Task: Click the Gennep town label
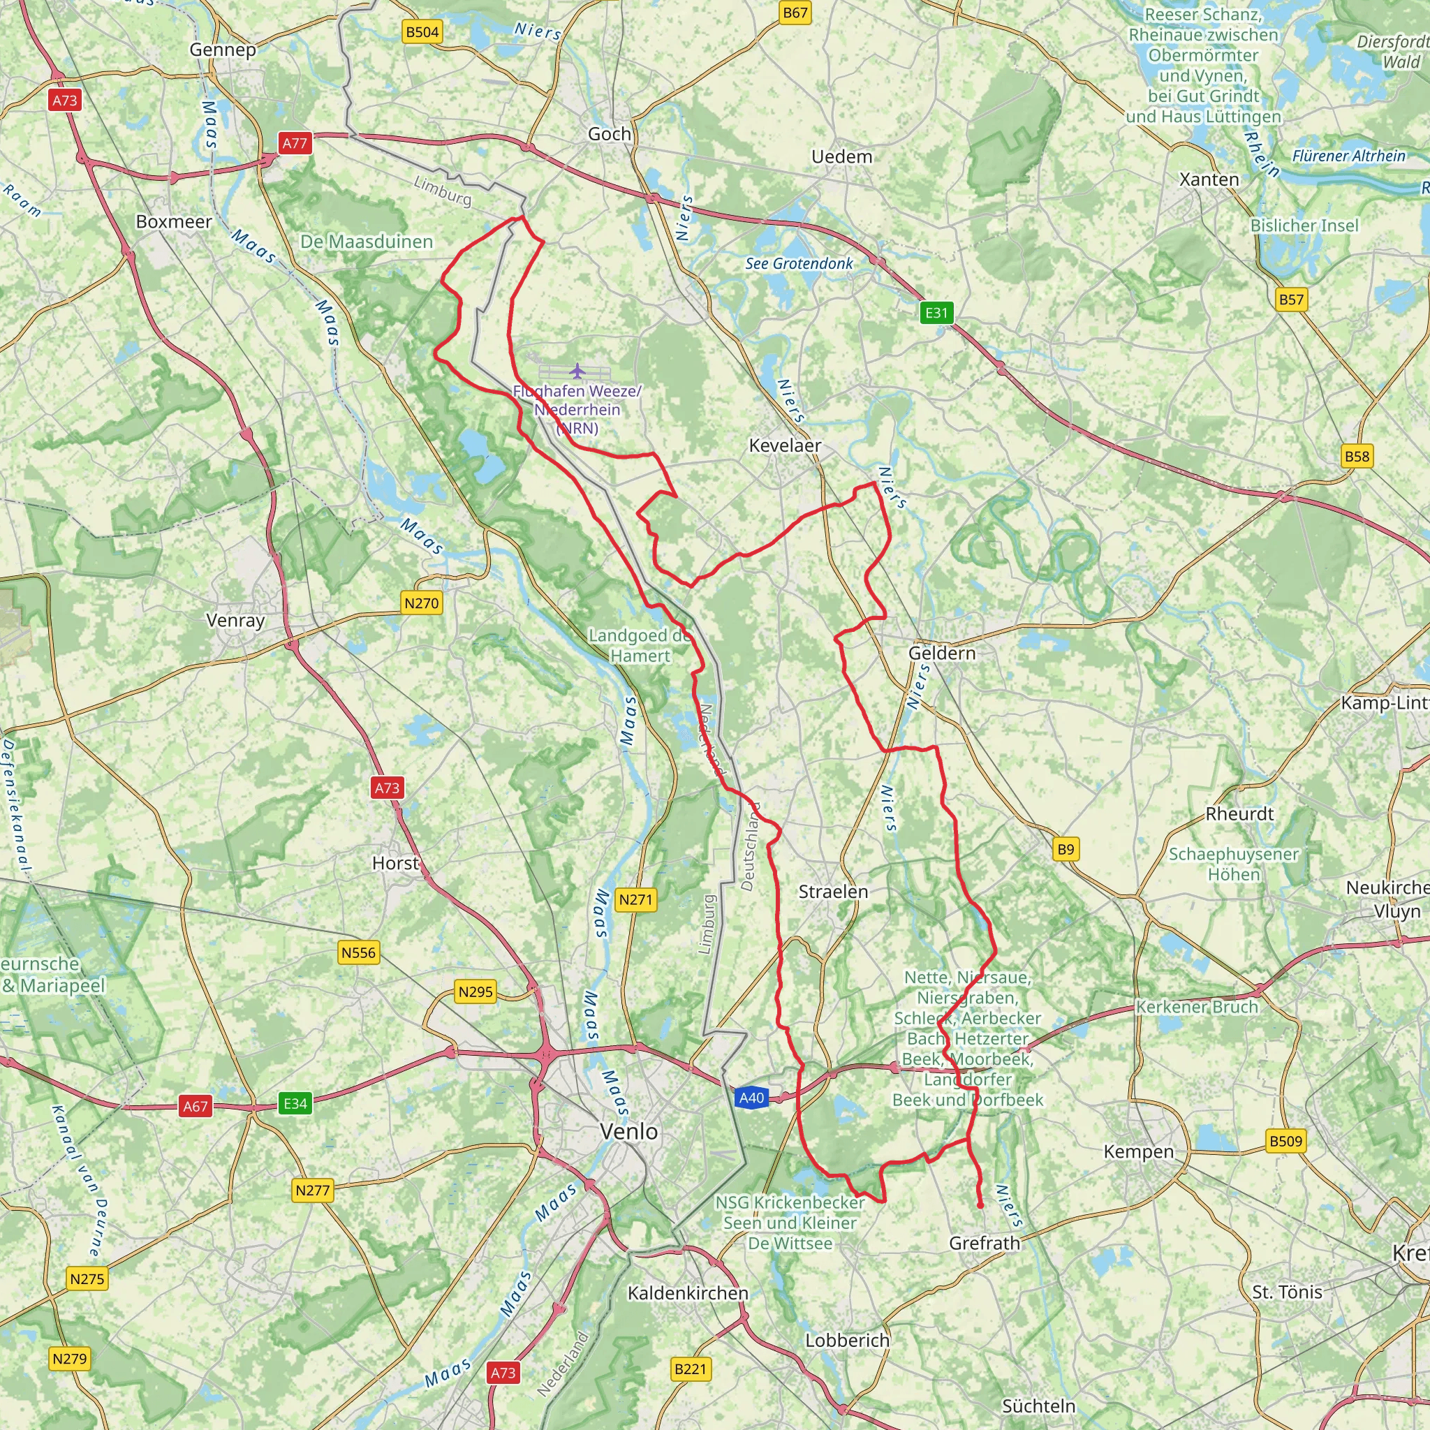pos(223,50)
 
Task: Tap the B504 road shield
pos(422,32)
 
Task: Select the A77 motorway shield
pos(295,143)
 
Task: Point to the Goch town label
pos(610,134)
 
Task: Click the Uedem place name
pos(841,157)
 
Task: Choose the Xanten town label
pos(1209,180)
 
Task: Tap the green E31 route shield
pos(936,312)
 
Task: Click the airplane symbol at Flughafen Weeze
pos(577,370)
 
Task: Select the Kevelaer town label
pos(785,445)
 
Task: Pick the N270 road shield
pos(421,603)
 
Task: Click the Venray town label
pos(235,620)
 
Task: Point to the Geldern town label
pos(941,653)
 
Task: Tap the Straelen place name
pos(833,892)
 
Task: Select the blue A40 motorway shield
pos(751,1098)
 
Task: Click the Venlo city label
pos(628,1131)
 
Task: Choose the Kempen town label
pos(1138,1151)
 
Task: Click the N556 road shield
pos(358,952)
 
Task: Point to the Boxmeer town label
pos(174,222)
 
